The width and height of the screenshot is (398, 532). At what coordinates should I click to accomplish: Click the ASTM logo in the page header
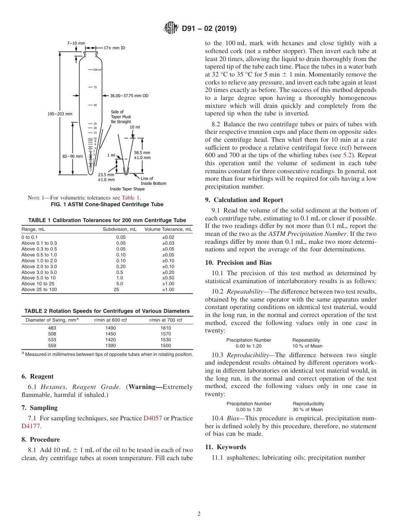(170, 29)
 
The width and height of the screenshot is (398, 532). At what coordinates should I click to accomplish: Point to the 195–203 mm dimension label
(59, 114)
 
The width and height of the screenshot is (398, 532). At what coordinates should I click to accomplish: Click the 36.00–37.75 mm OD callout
(129, 95)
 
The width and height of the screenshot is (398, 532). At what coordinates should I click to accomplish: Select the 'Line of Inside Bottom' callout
(153, 181)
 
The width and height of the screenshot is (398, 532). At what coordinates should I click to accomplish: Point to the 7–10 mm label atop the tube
(76, 43)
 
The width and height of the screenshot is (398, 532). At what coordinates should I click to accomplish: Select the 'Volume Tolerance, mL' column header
(168, 229)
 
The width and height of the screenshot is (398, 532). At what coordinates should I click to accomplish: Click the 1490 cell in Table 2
(111, 328)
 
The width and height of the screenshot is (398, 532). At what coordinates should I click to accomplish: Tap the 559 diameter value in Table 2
(52, 346)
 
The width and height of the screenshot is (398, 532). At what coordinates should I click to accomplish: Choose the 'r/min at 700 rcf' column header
(165, 320)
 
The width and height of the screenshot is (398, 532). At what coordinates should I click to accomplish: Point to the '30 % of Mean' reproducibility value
(308, 410)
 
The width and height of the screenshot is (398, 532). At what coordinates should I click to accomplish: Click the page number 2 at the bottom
(199, 514)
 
